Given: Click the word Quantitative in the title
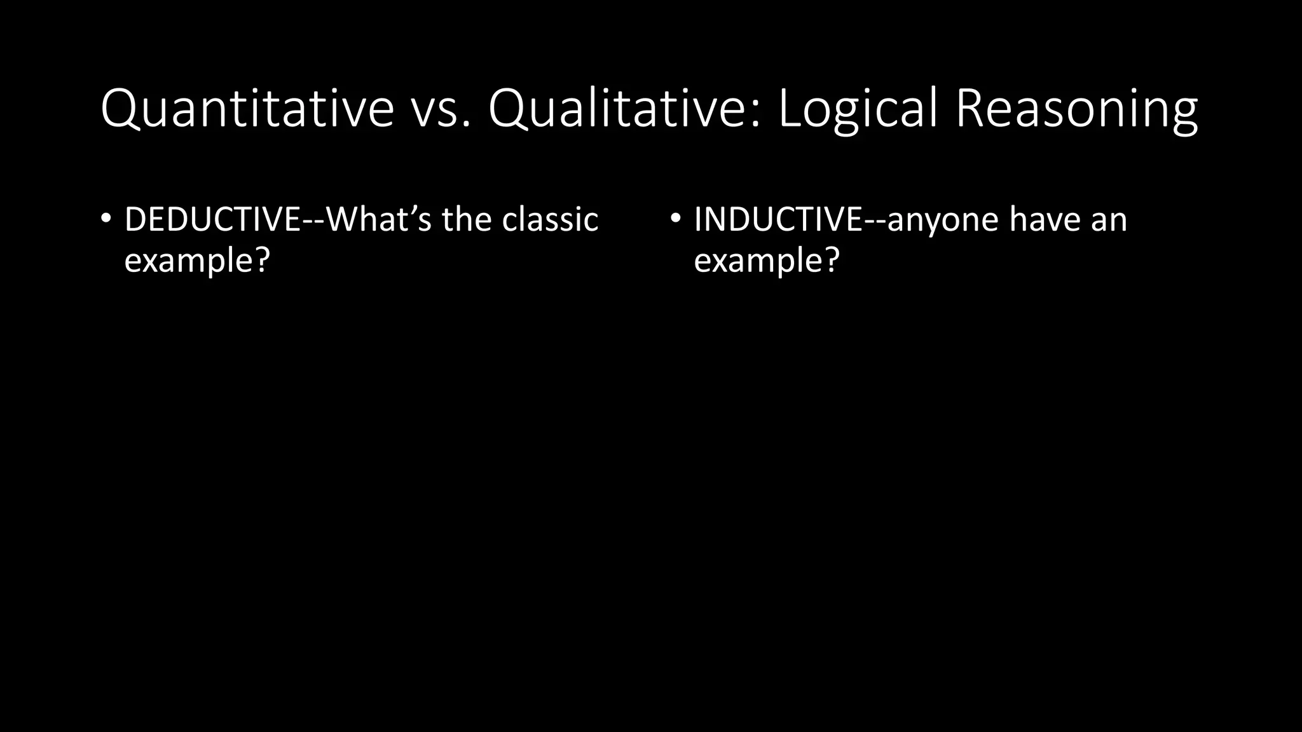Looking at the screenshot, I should click(247, 109).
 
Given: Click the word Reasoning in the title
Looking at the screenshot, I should click(1076, 109).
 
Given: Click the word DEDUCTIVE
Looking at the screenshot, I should click(212, 219).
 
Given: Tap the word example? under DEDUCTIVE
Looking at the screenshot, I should click(197, 261).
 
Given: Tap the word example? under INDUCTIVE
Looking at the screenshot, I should click(767, 261).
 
